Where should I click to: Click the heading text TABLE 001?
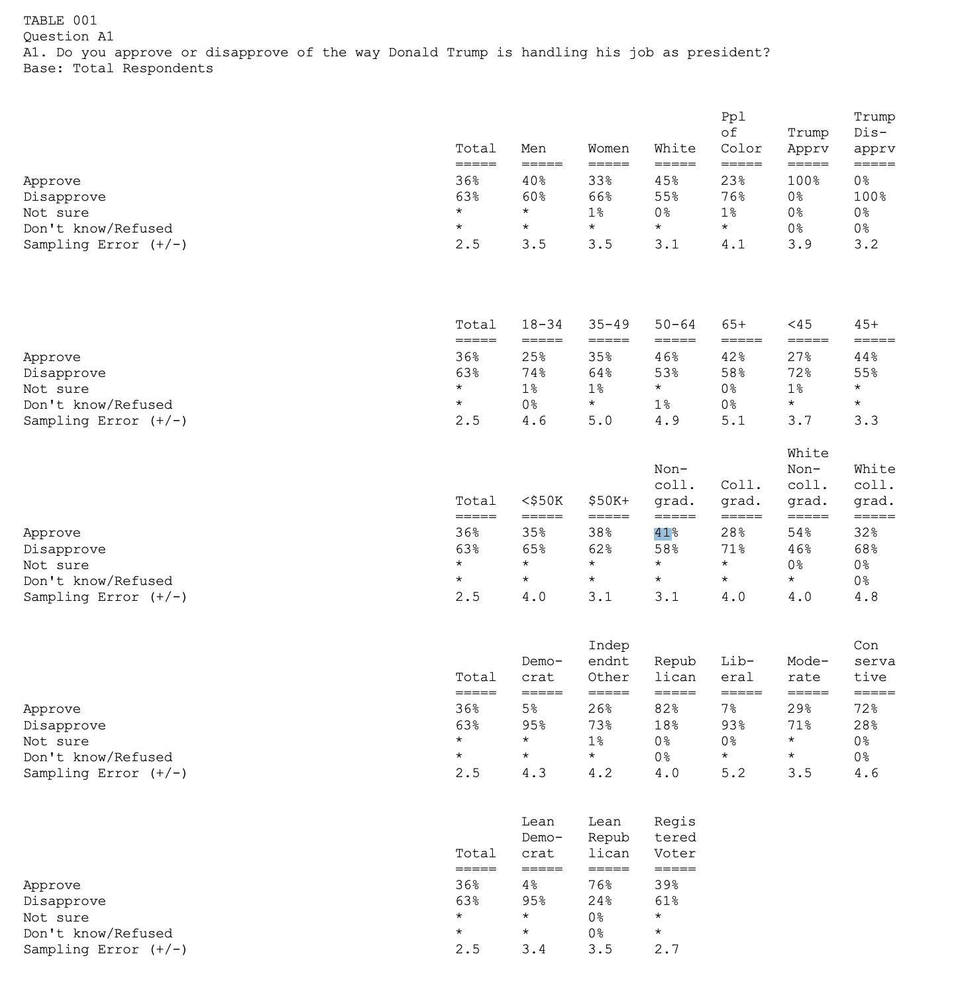(x=60, y=21)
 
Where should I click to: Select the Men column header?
(x=533, y=149)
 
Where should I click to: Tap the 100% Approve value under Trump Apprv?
(x=803, y=181)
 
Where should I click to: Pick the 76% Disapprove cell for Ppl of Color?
(x=732, y=197)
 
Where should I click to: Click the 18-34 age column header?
(x=541, y=325)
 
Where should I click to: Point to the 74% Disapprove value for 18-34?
(x=533, y=373)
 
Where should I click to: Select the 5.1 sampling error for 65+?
(x=732, y=421)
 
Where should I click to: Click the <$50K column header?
(x=541, y=501)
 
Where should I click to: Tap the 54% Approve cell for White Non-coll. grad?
(x=799, y=533)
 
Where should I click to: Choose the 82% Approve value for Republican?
(x=666, y=710)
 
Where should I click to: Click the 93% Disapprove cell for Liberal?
(x=732, y=725)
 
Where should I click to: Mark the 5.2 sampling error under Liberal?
(x=732, y=773)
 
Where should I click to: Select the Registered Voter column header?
(x=674, y=837)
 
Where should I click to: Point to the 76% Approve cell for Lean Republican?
(x=600, y=886)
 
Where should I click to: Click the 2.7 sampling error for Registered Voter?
(x=666, y=949)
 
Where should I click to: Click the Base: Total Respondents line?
(x=118, y=68)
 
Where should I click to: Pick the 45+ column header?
(x=866, y=325)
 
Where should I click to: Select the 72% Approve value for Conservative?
(x=865, y=710)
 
